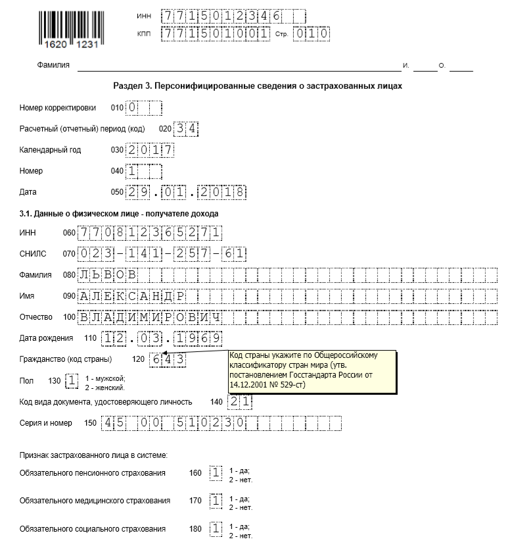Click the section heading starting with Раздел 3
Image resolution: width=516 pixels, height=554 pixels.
pos(257,86)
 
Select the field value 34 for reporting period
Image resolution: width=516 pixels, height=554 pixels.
pos(186,129)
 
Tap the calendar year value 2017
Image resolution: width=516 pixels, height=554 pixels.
pos(151,150)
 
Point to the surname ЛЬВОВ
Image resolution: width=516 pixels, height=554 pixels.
pos(108,275)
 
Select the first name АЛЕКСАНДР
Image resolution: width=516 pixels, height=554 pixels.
pos(132,296)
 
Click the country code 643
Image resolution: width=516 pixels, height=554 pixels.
pos(167,359)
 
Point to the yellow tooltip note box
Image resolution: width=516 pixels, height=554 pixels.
pos(313,372)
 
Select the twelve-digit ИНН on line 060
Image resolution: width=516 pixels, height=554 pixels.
pos(150,233)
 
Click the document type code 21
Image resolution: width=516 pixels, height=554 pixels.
pos(240,401)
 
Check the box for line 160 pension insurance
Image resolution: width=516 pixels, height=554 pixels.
pos(216,473)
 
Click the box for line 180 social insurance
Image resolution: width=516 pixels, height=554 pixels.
pos(216,529)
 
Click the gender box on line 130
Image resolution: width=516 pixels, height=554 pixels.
pos(72,380)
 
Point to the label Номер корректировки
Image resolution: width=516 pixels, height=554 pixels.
pos(58,108)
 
